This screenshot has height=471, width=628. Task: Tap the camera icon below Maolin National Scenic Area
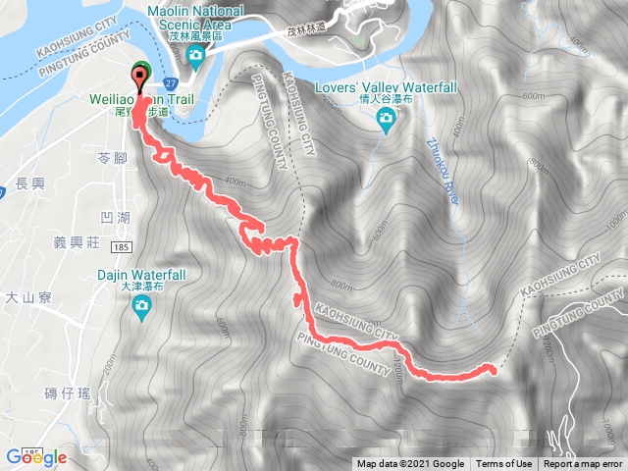click(x=196, y=56)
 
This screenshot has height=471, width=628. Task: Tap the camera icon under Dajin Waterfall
click(x=142, y=309)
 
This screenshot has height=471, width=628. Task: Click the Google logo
click(x=35, y=457)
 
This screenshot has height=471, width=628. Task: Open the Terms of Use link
click(x=504, y=464)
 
